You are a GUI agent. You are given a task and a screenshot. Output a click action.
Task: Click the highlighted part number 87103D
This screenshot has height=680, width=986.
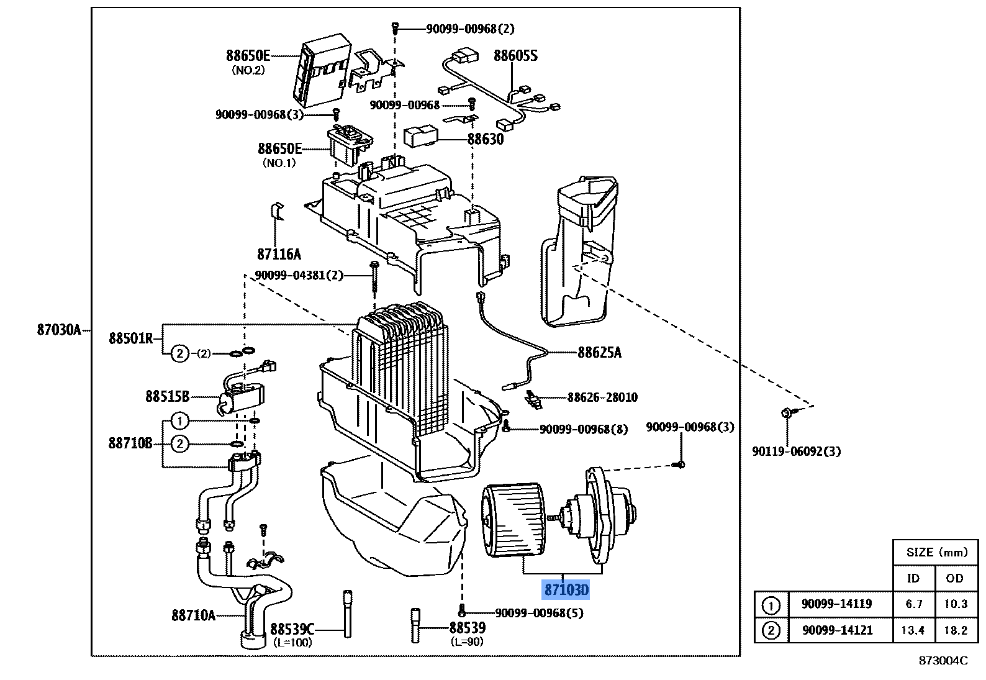(566, 589)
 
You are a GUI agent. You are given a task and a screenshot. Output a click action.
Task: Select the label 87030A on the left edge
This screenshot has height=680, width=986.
(59, 330)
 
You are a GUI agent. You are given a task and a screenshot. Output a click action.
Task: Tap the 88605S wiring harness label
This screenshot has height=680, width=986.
(515, 56)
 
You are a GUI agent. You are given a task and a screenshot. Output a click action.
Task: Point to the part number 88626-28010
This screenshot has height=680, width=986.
(602, 397)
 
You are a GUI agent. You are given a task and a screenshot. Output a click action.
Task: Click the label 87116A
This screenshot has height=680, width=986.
(279, 254)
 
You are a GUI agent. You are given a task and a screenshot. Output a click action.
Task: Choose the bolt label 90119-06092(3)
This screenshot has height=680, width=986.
(796, 451)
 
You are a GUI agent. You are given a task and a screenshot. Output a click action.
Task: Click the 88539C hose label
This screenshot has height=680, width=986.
(292, 628)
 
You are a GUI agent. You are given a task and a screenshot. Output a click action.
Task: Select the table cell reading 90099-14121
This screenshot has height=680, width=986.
(837, 630)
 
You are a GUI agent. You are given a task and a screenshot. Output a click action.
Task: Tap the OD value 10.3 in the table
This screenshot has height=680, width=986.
(955, 604)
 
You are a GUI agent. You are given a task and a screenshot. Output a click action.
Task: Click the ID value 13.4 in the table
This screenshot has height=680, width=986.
(913, 630)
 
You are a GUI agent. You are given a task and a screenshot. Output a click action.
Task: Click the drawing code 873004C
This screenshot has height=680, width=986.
(943, 661)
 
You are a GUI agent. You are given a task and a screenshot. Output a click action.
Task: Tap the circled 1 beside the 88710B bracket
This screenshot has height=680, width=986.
(179, 422)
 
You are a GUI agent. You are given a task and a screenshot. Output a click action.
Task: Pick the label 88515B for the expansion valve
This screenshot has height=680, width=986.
(167, 396)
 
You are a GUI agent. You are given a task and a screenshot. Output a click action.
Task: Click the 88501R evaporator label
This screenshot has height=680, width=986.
(130, 338)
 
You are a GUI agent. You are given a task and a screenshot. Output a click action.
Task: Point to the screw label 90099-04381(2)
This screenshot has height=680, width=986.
(299, 275)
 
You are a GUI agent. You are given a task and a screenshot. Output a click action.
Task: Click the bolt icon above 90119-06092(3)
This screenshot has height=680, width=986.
(786, 412)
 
